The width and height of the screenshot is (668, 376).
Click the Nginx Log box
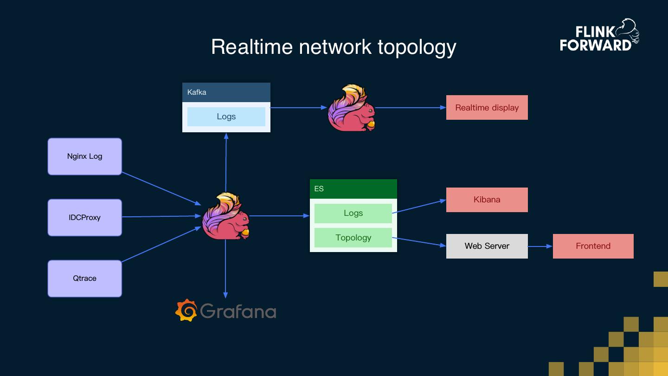tap(84, 156)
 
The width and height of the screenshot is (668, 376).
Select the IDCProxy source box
tap(84, 217)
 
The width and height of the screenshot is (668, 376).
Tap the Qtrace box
tap(84, 279)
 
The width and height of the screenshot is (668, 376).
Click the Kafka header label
tap(197, 92)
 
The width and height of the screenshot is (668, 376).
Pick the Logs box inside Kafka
tap(226, 117)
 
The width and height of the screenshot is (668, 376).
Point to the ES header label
tap(319, 189)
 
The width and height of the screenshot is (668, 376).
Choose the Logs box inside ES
tap(353, 214)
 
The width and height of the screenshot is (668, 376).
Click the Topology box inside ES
tap(353, 238)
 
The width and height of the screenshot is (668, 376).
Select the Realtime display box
tap(487, 108)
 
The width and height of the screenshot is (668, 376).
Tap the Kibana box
tap(487, 200)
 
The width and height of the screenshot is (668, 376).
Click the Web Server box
tap(487, 246)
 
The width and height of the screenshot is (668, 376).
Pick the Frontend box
tap(593, 246)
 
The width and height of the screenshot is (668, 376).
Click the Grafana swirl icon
tap(186, 310)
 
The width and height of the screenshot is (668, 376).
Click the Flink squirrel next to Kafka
tap(351, 108)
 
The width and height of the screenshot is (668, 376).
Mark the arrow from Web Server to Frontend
tap(540, 246)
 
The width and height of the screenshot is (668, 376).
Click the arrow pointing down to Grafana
tap(225, 269)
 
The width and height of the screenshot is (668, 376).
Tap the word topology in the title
tap(417, 47)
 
